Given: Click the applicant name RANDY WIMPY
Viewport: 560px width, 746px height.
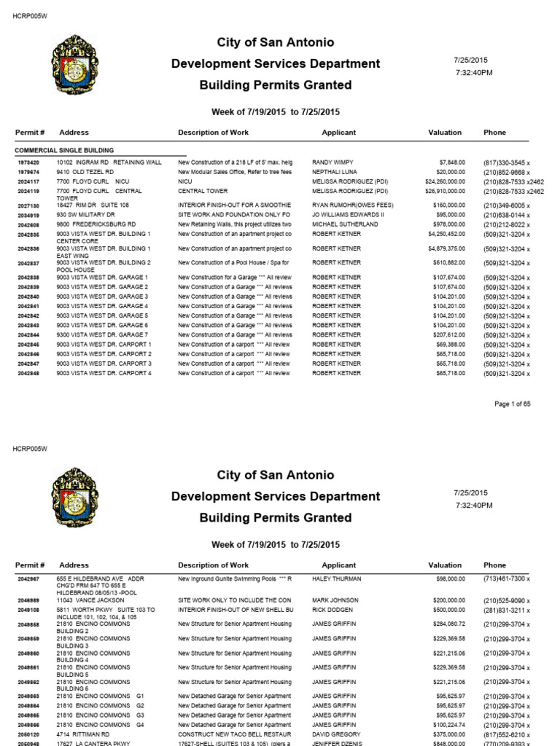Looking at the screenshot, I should [332, 162].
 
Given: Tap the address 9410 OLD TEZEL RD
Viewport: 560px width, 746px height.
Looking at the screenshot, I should [88, 171].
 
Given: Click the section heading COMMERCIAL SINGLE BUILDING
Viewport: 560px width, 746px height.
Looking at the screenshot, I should [63, 149].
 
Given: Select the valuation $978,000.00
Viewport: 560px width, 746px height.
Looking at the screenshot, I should [446, 225].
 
